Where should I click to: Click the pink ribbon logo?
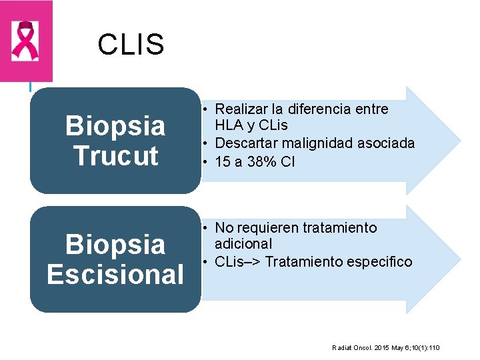(26, 41)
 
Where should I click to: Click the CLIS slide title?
(131, 45)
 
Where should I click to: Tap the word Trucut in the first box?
(115, 155)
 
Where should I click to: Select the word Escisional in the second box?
(115, 274)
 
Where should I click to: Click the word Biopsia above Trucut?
(115, 125)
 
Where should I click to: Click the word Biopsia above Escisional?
(115, 244)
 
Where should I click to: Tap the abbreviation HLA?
(229, 125)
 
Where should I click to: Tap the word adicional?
(243, 244)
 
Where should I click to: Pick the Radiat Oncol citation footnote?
(386, 348)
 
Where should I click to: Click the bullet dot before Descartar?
(207, 143)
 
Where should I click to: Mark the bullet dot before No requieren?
(207, 228)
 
